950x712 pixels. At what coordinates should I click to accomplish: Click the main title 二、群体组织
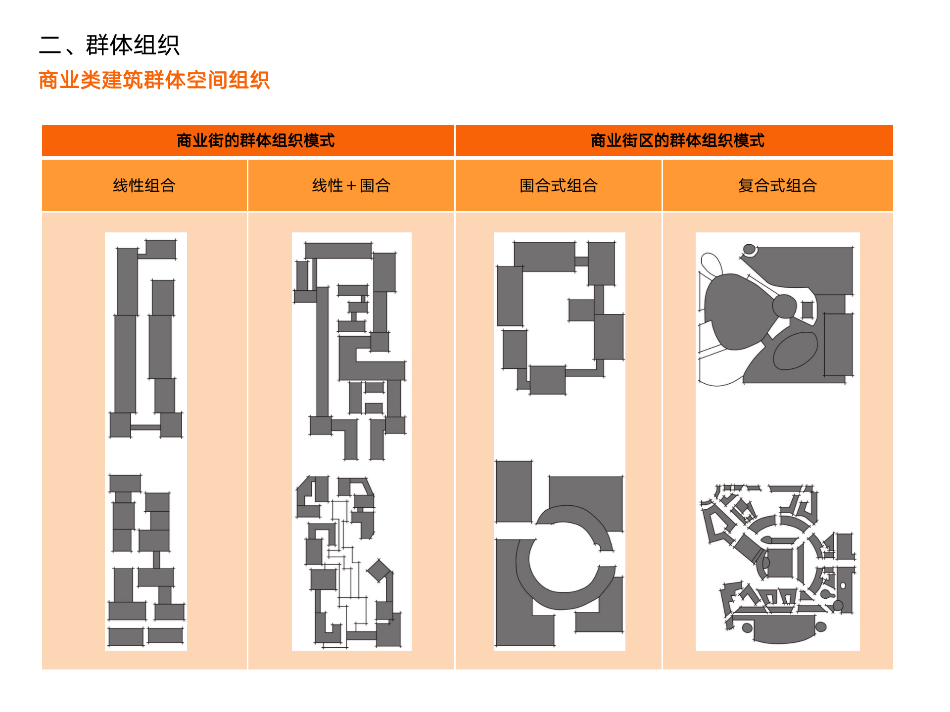[109, 45]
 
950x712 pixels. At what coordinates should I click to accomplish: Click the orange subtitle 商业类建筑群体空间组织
[154, 80]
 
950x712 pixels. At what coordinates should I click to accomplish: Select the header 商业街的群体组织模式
[255, 140]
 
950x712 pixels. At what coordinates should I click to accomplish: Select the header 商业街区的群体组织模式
[677, 140]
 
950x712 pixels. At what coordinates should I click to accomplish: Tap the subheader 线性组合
[144, 185]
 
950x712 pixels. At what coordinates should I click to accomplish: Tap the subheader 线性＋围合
[351, 185]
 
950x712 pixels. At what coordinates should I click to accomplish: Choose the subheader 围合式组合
[559, 185]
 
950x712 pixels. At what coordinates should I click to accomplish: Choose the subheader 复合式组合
[777, 185]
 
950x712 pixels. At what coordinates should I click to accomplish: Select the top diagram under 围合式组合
[559, 316]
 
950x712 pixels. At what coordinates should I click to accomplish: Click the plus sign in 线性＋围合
[351, 186]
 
